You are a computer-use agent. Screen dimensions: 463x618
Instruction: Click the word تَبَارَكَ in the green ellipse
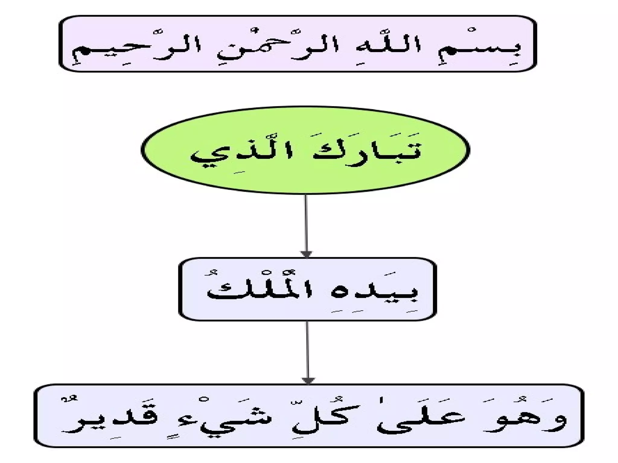pos(365,152)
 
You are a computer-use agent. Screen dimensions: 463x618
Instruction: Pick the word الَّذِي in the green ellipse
pos(241,155)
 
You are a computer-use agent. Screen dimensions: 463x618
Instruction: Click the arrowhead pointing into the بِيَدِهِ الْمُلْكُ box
pos(307,254)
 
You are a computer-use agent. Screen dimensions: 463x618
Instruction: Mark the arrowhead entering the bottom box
pos(308,381)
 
